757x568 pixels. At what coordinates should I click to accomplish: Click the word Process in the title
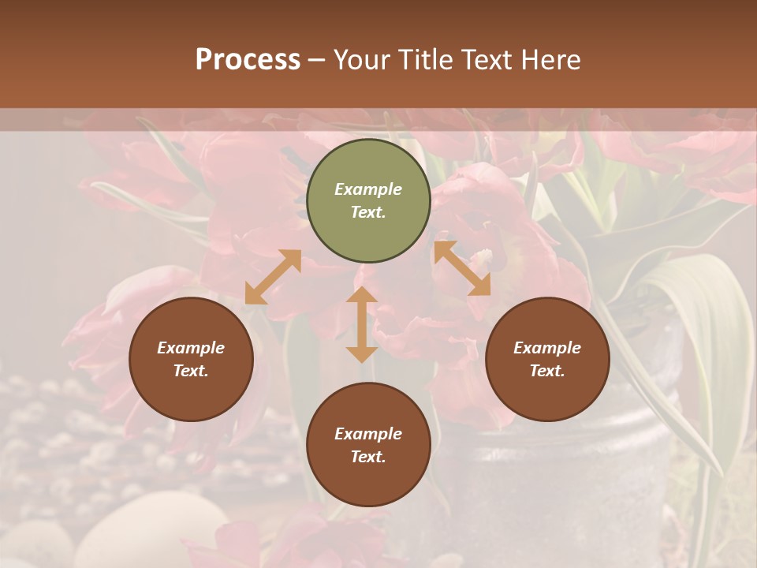pyautogui.click(x=248, y=60)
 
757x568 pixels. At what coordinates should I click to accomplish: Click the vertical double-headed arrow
pyautogui.click(x=362, y=324)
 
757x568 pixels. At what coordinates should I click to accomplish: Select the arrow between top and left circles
pyautogui.click(x=273, y=277)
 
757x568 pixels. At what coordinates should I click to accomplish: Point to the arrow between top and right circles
pyautogui.click(x=462, y=268)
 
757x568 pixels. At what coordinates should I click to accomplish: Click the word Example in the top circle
pyautogui.click(x=368, y=189)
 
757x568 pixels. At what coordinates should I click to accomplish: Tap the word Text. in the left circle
pyautogui.click(x=191, y=371)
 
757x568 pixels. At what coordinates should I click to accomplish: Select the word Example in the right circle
pyautogui.click(x=547, y=348)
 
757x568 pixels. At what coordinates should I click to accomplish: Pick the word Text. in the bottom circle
pyautogui.click(x=368, y=457)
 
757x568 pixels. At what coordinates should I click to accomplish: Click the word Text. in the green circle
pyautogui.click(x=368, y=212)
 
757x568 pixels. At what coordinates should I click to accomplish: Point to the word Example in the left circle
pyautogui.click(x=191, y=348)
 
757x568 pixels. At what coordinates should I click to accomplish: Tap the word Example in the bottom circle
pyautogui.click(x=368, y=434)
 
